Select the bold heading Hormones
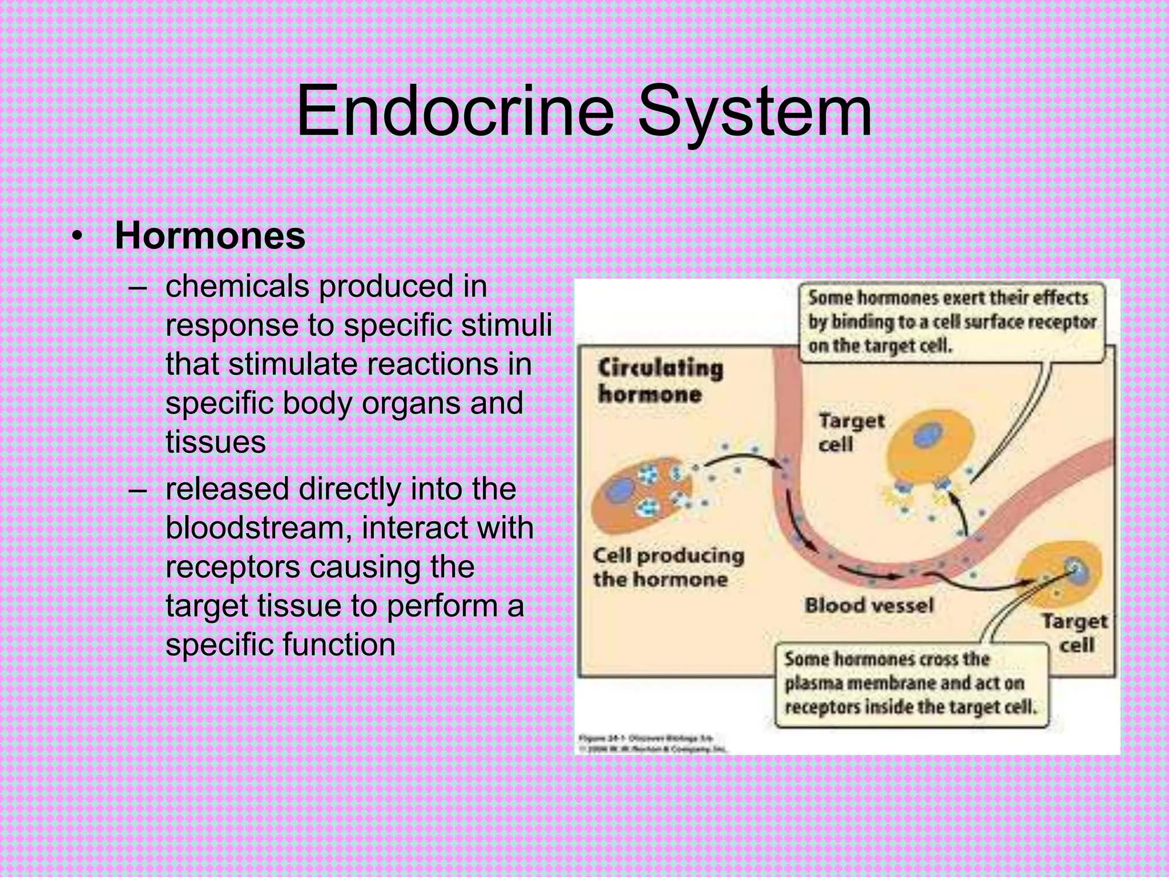pos(210,236)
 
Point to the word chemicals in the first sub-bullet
pos(237,286)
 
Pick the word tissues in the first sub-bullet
pos(216,442)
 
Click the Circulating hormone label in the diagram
pos(660,381)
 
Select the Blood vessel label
pos(869,605)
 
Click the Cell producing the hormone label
pos(668,568)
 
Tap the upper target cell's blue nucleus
pos(924,437)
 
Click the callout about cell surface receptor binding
pos(951,322)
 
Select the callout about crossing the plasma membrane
pos(911,683)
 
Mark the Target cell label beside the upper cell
pos(850,432)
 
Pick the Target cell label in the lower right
pos(1075,633)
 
